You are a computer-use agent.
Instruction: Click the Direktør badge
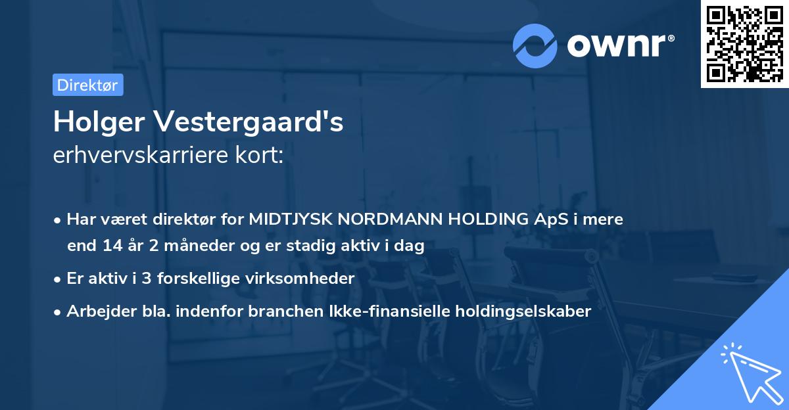click(x=87, y=85)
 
